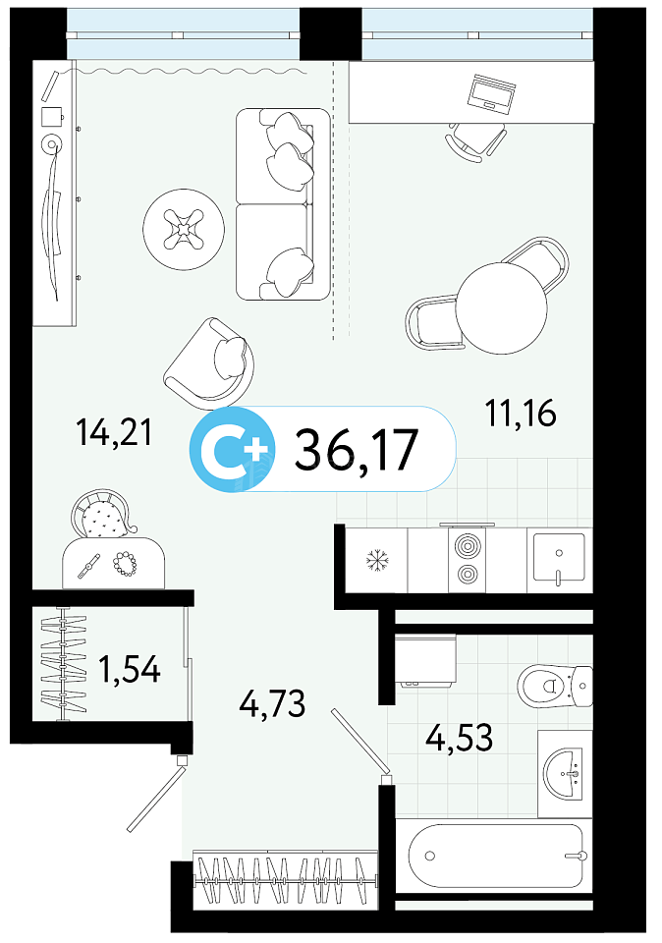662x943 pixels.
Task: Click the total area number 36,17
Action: [x=356, y=449]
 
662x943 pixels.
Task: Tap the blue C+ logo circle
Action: [x=232, y=449]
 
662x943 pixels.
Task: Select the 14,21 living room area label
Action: [x=114, y=432]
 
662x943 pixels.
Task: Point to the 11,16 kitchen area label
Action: [x=521, y=414]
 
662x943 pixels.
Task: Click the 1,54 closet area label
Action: [x=130, y=669]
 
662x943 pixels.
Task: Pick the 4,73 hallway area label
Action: [x=272, y=702]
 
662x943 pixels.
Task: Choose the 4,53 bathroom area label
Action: [x=460, y=737]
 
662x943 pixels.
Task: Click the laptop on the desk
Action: [x=492, y=93]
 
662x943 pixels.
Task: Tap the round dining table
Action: [x=502, y=307]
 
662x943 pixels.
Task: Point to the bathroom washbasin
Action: [x=564, y=773]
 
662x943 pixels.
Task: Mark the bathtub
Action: [x=495, y=856]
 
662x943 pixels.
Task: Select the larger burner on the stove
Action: [x=468, y=547]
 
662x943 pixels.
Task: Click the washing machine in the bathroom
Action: [x=426, y=660]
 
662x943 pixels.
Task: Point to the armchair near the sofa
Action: [x=209, y=361]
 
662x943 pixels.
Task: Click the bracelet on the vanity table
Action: [x=125, y=564]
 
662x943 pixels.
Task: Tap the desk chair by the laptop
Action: [x=475, y=140]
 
